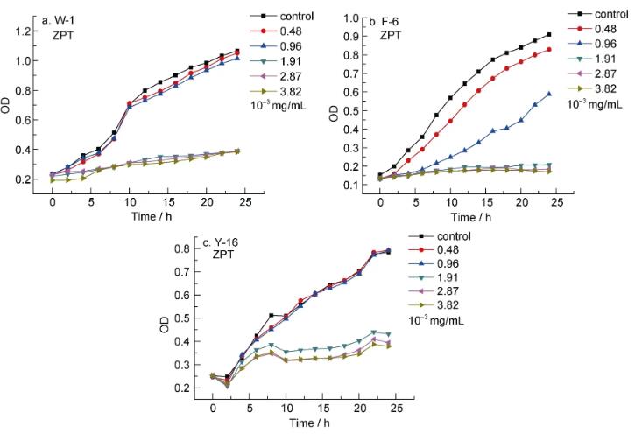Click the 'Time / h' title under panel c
298,423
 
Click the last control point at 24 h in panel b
548,35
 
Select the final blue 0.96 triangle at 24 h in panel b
548,94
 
